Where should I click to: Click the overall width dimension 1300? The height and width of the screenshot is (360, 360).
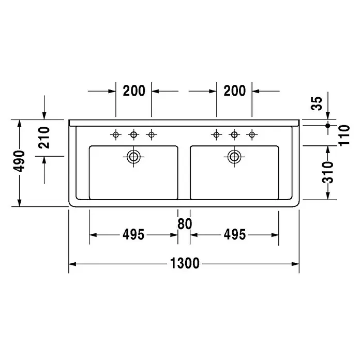click(x=185, y=263)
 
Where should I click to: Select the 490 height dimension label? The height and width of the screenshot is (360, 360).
click(x=19, y=161)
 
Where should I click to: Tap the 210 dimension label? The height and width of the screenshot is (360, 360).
click(x=44, y=138)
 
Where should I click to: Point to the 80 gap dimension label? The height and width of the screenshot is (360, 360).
click(x=185, y=224)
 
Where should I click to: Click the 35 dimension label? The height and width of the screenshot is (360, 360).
click(x=317, y=103)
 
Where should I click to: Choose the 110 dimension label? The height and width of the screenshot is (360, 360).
click(x=344, y=135)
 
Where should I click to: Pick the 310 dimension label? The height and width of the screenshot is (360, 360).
click(x=327, y=172)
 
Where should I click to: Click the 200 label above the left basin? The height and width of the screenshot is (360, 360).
click(x=134, y=91)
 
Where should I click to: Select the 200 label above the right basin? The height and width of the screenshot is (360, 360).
click(x=235, y=91)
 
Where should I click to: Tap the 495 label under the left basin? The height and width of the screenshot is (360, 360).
click(x=133, y=235)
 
